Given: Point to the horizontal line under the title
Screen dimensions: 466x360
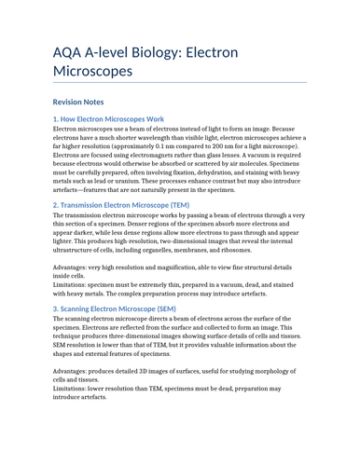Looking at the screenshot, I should [179, 82].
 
